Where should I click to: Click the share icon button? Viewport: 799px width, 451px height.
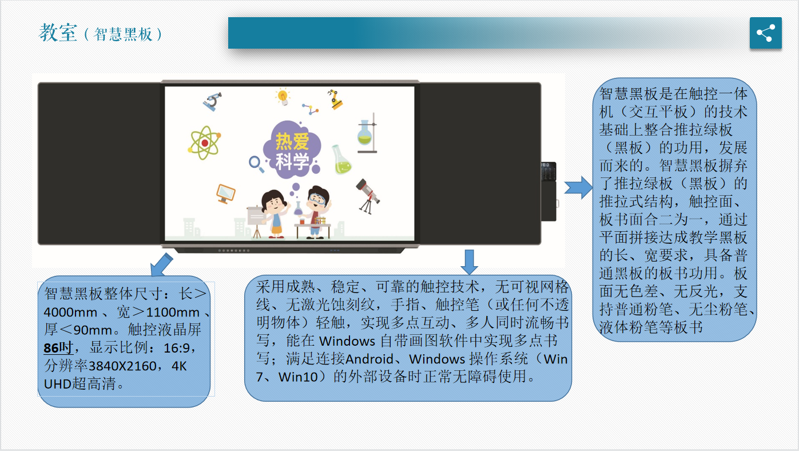point(765,33)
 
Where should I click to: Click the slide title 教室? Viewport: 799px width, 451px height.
point(58,33)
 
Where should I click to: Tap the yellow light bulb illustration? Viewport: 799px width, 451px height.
point(283,97)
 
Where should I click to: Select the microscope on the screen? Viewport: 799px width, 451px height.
point(213,102)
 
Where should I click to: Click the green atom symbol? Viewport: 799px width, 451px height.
point(204,143)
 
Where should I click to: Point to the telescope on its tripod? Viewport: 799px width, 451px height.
point(367,196)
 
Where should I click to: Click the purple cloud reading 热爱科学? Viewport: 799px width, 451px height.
point(292,150)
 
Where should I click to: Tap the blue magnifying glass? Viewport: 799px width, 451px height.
point(256,164)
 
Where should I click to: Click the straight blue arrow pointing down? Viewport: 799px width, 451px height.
point(470,262)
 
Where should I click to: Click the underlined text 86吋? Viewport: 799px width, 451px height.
point(58,348)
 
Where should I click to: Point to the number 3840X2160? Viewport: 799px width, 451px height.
point(122,366)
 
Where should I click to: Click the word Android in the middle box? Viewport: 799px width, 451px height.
point(369,359)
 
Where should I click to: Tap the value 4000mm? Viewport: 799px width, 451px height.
point(70,312)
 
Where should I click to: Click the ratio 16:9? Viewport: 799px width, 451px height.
point(177,348)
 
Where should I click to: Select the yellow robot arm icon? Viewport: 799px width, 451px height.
point(335,99)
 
